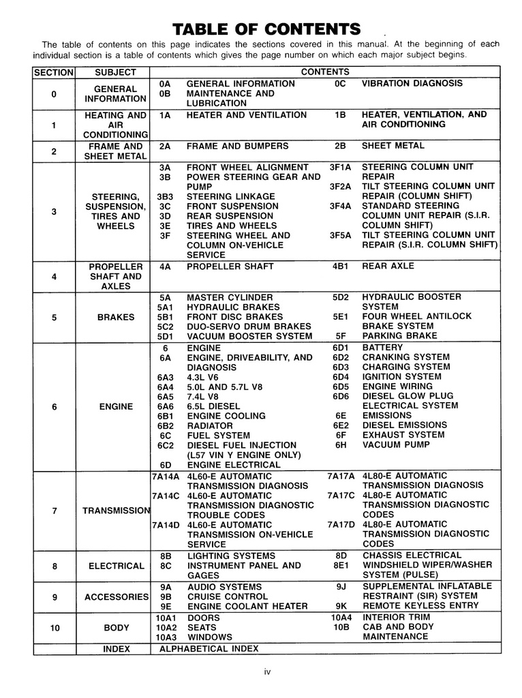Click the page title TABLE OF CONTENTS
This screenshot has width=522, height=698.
tap(266, 29)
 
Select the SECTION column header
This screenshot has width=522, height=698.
tap(53, 72)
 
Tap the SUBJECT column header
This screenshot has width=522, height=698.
tap(115, 72)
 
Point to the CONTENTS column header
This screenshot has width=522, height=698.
tap(324, 72)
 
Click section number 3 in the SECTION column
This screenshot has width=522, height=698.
tap(54, 211)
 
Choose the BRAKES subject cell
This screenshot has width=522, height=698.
tap(116, 317)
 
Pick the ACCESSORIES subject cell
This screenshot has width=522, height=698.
tap(116, 597)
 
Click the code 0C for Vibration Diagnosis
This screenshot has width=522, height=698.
tap(341, 83)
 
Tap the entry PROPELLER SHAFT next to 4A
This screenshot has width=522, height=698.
tap(230, 267)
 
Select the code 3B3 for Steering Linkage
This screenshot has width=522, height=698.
tap(165, 196)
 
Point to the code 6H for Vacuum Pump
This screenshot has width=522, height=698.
tap(341, 444)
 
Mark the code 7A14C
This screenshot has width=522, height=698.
tap(166, 496)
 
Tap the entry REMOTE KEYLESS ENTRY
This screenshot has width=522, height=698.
tap(420, 605)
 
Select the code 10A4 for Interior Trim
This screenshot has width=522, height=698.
tap(341, 618)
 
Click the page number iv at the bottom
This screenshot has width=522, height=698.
tap(267, 672)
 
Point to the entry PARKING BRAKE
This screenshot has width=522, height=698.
tap(399, 336)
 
